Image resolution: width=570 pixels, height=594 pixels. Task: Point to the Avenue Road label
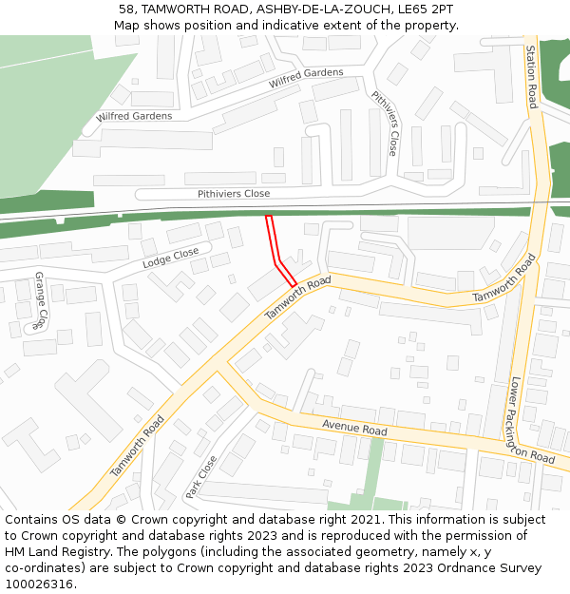pyautogui.click(x=354, y=430)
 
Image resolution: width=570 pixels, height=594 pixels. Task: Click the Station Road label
pyautogui.click(x=531, y=76)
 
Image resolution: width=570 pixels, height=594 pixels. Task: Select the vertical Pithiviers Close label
pyautogui.click(x=385, y=124)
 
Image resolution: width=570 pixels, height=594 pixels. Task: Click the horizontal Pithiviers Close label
pyautogui.click(x=234, y=194)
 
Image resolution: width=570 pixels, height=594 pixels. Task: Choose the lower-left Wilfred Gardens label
pyautogui.click(x=134, y=116)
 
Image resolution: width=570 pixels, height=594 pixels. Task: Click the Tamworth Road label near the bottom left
pyautogui.click(x=137, y=447)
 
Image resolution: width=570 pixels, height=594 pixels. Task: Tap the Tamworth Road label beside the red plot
pyautogui.click(x=297, y=298)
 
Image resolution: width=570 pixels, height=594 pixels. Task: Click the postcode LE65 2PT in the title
pyautogui.click(x=423, y=10)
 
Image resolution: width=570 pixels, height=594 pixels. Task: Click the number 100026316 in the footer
pyautogui.click(x=39, y=584)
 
